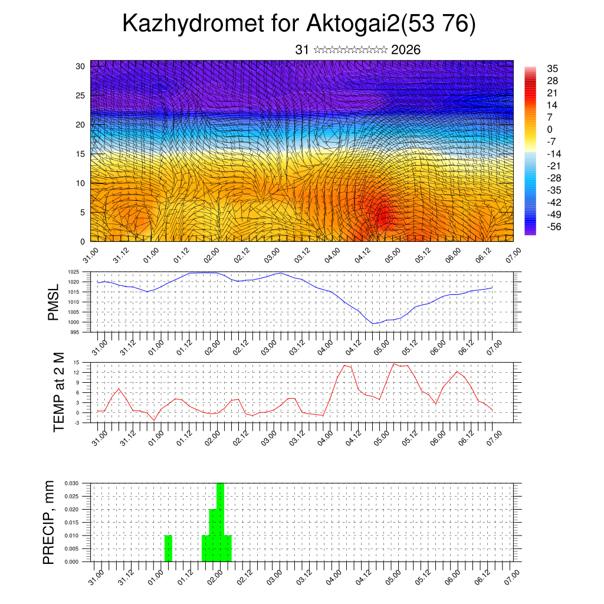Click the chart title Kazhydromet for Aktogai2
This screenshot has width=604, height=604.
tap(298, 24)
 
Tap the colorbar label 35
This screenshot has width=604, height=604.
tap(553, 68)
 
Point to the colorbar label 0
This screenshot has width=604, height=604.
tap(550, 129)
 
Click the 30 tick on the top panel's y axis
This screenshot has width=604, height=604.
tap(80, 66)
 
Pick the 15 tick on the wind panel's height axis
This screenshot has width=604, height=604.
tap(80, 154)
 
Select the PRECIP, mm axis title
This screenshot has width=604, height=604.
tap(49, 522)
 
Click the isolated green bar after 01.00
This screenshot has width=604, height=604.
tap(168, 549)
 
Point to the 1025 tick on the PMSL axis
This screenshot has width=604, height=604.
tap(74, 272)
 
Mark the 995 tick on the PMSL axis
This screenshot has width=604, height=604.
tap(75, 332)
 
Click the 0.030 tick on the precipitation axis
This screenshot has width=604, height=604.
tap(71, 482)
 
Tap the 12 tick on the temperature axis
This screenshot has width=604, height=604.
tap(77, 373)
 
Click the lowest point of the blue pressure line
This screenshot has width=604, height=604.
tap(373, 323)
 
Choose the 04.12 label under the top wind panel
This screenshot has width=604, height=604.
tap(362, 258)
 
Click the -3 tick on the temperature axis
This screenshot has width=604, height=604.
tap(77, 422)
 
